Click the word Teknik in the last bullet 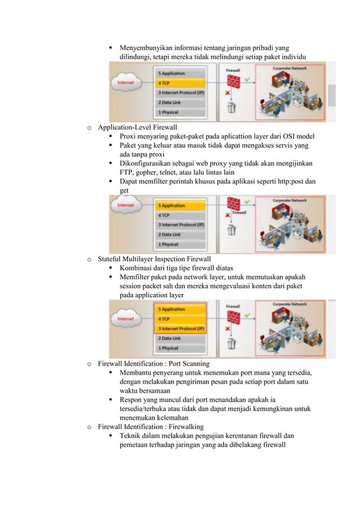pos(131,437)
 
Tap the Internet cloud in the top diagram pos(125,83)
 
